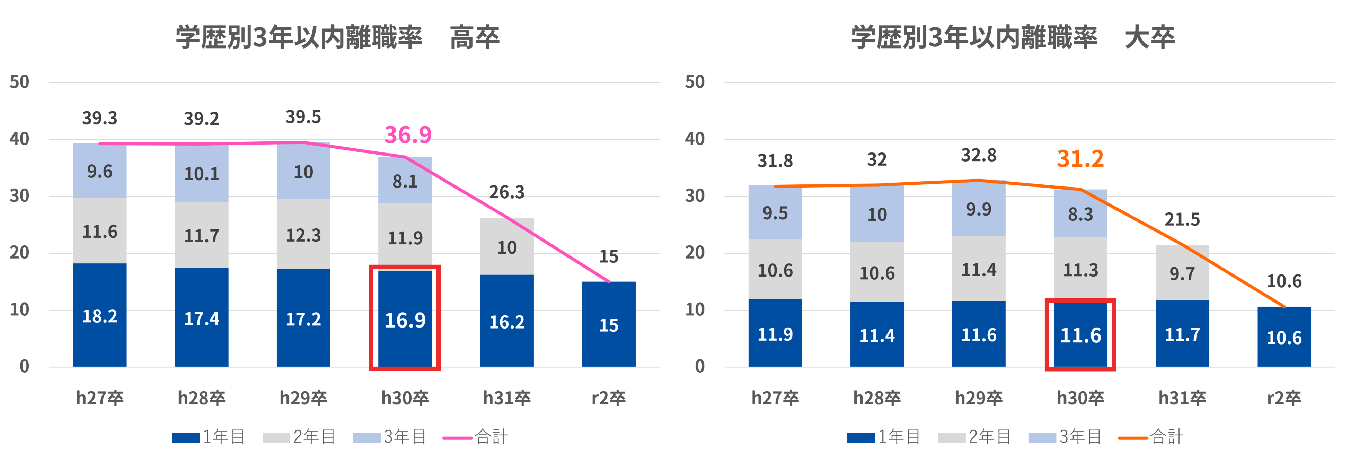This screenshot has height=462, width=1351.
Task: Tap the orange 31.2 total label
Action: (1080, 158)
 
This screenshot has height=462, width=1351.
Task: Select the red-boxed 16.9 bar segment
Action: (405, 320)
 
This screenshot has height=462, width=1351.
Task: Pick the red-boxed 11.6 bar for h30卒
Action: (1080, 335)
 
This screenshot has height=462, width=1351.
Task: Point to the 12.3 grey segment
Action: (303, 235)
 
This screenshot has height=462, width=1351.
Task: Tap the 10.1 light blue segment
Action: (201, 174)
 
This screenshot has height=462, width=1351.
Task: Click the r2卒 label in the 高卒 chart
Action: (608, 398)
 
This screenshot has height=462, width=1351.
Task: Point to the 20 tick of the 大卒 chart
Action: (695, 253)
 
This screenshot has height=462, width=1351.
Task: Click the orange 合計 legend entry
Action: (1151, 436)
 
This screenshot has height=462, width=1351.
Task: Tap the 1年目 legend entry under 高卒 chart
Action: (209, 436)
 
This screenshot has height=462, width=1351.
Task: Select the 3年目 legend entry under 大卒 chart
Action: (1066, 436)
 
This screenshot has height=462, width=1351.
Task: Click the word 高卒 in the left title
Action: (475, 38)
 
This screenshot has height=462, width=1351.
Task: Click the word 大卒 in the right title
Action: (1150, 38)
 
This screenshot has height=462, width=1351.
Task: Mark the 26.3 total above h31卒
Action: (506, 192)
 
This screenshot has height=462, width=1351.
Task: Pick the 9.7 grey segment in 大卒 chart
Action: (1182, 273)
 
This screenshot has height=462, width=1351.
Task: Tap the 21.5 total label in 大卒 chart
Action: (1182, 219)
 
